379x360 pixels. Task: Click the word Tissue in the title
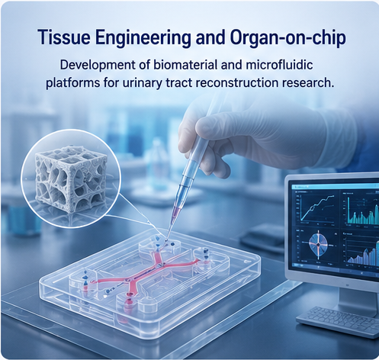click(x=64, y=37)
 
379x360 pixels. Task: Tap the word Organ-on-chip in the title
click(x=288, y=38)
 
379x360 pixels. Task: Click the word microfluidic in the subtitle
click(x=279, y=65)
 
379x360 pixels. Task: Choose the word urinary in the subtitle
click(x=143, y=83)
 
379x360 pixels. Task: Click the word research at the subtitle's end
click(x=307, y=82)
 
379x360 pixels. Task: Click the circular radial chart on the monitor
click(x=318, y=245)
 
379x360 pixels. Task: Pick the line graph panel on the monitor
click(x=316, y=209)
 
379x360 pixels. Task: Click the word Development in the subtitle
click(x=98, y=66)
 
